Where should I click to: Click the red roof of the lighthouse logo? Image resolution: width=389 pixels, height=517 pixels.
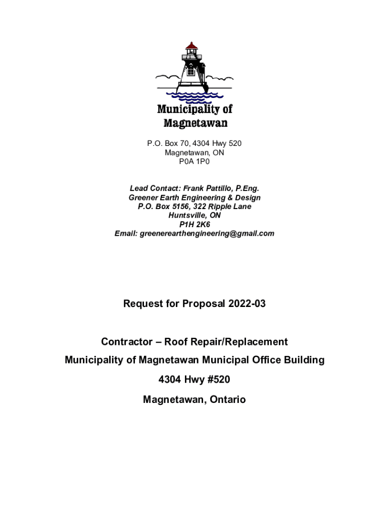pos(191,46)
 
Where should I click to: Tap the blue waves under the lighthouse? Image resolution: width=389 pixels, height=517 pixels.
pos(195,96)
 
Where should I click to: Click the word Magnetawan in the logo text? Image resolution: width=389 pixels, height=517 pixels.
pos(195,123)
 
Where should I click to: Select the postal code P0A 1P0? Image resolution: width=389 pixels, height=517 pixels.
pos(194,162)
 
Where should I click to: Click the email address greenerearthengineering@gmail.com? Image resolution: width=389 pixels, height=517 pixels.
pos(207,233)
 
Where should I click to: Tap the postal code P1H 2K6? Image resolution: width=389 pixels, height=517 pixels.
pos(194,224)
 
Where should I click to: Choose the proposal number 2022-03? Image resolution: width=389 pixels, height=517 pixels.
pos(247,303)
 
